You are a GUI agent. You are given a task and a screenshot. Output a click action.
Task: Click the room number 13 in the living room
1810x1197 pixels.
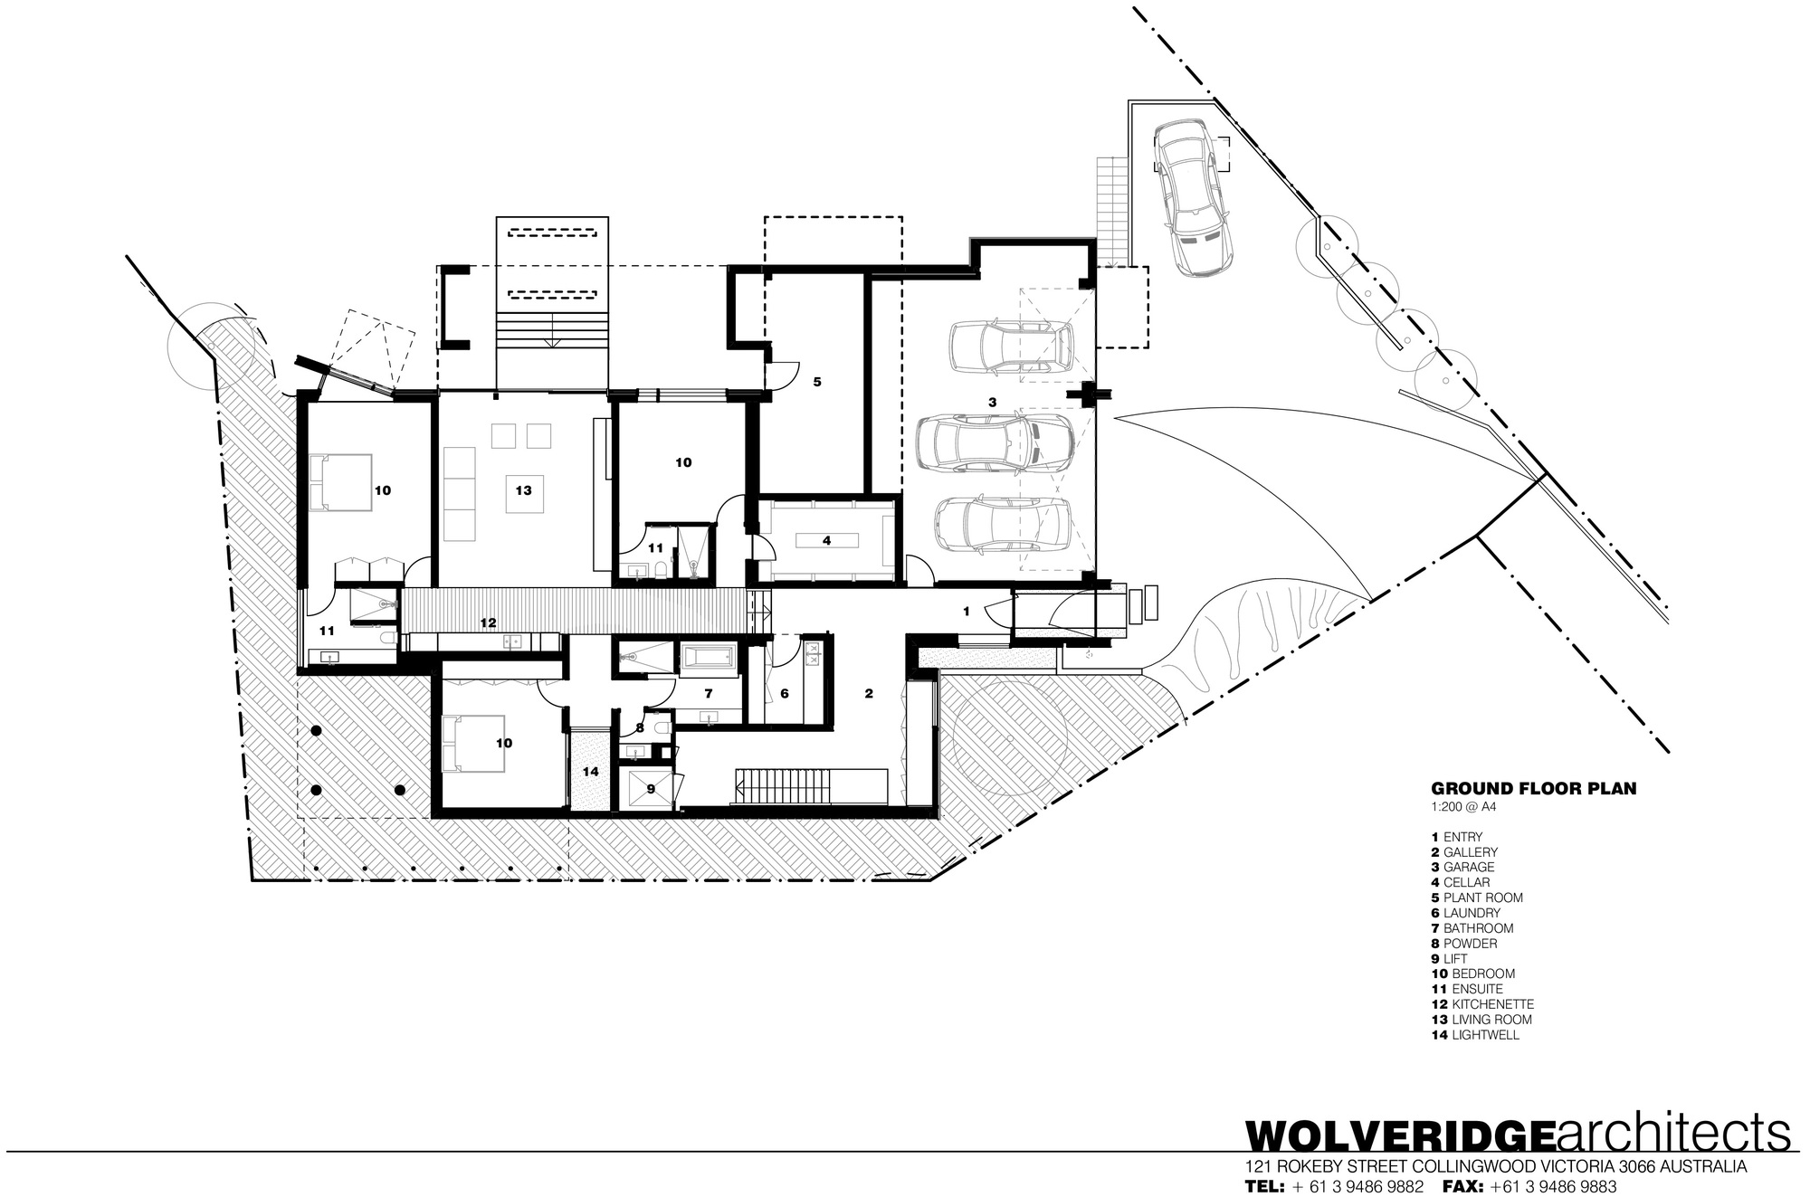point(523,490)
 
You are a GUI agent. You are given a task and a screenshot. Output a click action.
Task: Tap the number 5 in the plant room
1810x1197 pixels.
point(816,382)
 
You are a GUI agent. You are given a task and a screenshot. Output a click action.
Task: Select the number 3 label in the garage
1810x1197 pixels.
point(992,401)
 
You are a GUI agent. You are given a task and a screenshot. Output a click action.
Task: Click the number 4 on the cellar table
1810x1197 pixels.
point(826,541)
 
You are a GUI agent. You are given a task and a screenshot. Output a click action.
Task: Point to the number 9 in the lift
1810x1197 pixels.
point(650,789)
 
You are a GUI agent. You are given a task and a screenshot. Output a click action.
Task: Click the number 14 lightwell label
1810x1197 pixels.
point(591,772)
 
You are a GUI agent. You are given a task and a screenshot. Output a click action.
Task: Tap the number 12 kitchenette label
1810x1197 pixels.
point(488,622)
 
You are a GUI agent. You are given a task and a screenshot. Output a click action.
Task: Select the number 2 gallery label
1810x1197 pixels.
point(869,694)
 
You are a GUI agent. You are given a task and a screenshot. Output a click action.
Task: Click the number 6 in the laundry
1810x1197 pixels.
point(784,693)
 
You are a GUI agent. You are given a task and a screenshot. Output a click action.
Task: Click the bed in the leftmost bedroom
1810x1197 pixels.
point(340,482)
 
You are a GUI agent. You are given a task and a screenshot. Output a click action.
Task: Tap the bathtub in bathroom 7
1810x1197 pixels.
point(709,658)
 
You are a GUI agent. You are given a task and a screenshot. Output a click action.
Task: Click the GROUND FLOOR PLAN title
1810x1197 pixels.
point(1533,788)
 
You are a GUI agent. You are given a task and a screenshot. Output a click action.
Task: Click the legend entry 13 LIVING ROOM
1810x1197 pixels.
point(1482,1020)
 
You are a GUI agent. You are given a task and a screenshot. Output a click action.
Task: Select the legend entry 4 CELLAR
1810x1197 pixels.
point(1461,882)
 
